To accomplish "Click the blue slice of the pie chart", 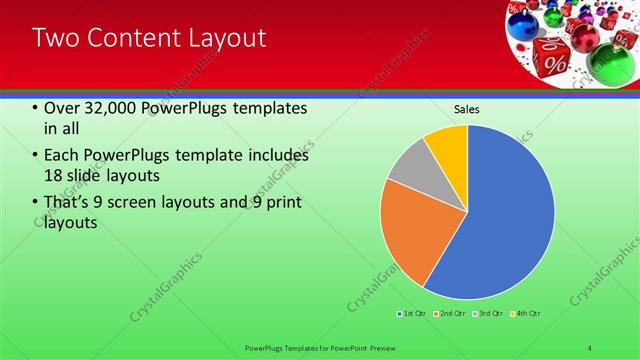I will pyautogui.click(x=500, y=220).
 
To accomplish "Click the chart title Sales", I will pyautogui.click(x=467, y=108).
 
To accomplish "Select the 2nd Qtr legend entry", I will pyautogui.click(x=449, y=314).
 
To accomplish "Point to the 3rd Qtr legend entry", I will pyautogui.click(x=487, y=314).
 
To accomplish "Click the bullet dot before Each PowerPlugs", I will pyautogui.click(x=36, y=156).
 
